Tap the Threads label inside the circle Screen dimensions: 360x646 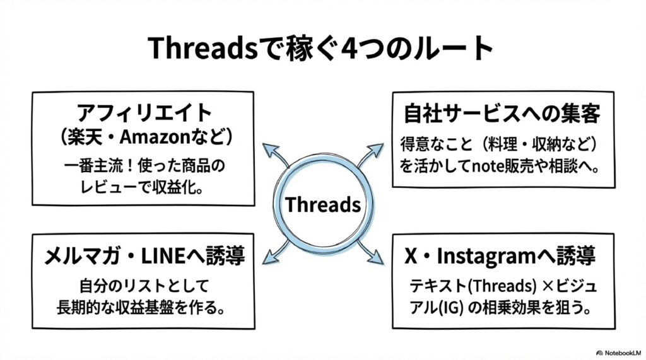(322, 204)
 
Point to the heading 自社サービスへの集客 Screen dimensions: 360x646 (502, 114)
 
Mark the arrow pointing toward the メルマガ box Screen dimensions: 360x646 (273, 253)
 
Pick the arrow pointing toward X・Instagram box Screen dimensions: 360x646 (372, 253)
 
